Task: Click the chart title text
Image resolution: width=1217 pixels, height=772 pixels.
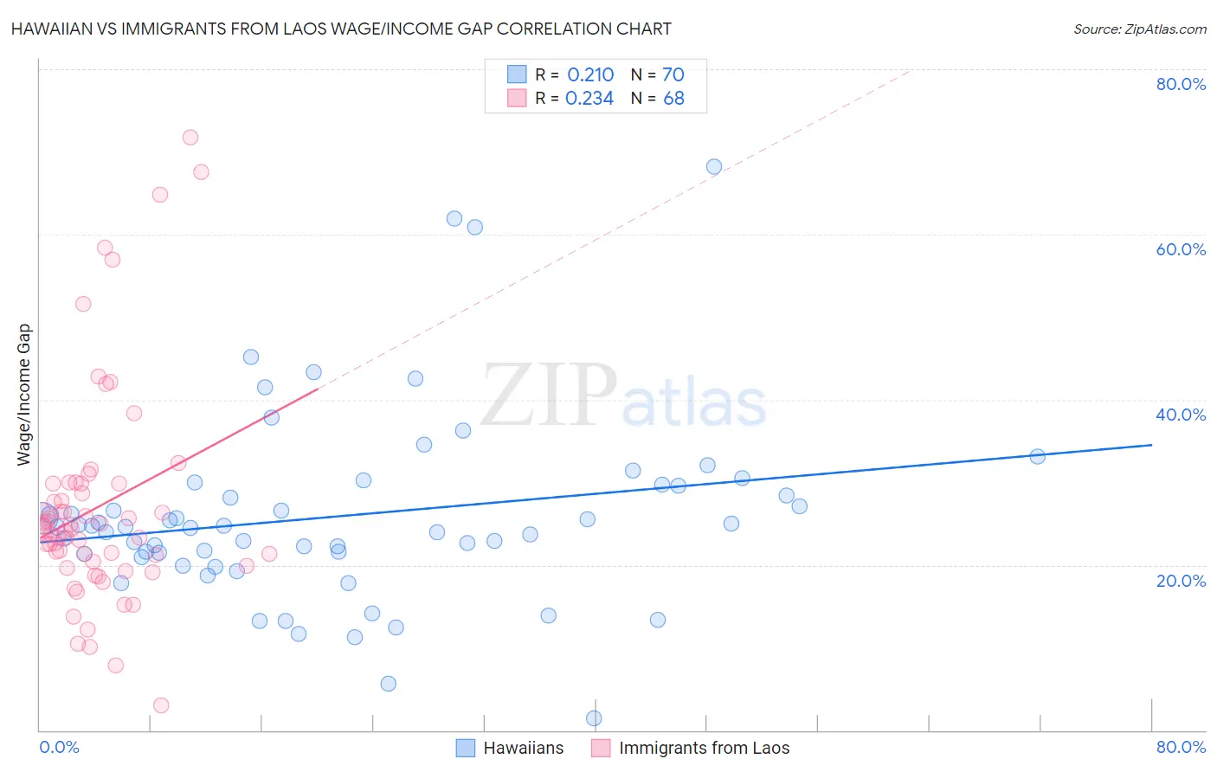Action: (341, 29)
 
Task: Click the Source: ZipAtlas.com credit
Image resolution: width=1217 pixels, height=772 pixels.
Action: (1139, 29)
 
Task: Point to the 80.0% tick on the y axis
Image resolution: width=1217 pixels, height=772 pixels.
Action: (1181, 84)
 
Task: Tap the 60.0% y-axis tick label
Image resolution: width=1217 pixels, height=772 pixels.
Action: (1181, 249)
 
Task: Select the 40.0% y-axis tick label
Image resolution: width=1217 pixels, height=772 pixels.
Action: (1181, 415)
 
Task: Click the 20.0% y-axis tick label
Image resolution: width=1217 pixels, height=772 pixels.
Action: (1181, 581)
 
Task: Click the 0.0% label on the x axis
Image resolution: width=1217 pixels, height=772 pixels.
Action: (59, 747)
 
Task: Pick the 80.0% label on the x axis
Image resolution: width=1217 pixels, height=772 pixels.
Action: (1181, 747)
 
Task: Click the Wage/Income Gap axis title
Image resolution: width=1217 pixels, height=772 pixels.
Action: (24, 395)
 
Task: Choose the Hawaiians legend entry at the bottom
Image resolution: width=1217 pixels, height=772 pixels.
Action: (523, 748)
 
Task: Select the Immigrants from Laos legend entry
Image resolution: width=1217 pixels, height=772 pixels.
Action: (704, 748)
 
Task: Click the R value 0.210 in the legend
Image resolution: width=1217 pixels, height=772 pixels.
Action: (590, 74)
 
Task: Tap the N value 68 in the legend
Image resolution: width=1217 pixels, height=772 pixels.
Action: (673, 99)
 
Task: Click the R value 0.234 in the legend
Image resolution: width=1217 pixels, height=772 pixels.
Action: (589, 99)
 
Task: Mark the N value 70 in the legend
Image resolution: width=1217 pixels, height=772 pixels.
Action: (673, 74)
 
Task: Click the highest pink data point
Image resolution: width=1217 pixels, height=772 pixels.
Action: (190, 138)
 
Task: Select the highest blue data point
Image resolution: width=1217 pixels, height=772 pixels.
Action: (714, 167)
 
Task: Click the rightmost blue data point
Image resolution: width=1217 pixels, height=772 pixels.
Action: (1037, 456)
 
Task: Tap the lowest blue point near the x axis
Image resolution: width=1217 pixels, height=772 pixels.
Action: (594, 718)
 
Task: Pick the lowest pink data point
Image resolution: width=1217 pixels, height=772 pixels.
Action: (161, 705)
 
